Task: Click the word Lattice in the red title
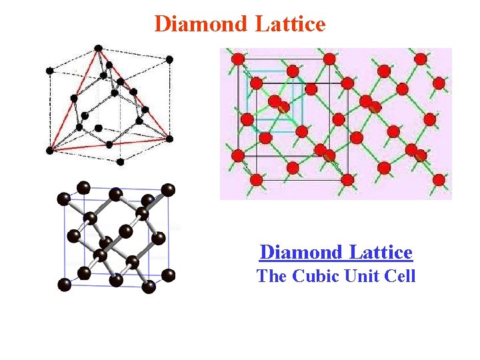tap(290, 24)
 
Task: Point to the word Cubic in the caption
tap(315, 275)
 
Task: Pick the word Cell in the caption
tap(400, 275)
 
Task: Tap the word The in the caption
tap(271, 275)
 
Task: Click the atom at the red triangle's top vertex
tap(99, 48)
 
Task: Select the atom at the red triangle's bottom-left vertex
tap(49, 150)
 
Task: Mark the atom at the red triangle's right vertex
tap(169, 139)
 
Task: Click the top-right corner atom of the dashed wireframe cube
tap(169, 59)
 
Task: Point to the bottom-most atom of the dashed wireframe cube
tap(120, 161)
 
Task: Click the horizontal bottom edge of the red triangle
tap(110, 145)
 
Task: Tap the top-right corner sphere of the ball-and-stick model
tap(169, 190)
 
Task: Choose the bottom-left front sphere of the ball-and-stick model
tap(65, 285)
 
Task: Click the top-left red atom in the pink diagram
tap(238, 59)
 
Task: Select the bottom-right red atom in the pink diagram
tap(439, 180)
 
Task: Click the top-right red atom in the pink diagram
tap(421, 59)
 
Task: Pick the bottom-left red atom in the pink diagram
tap(256, 179)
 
